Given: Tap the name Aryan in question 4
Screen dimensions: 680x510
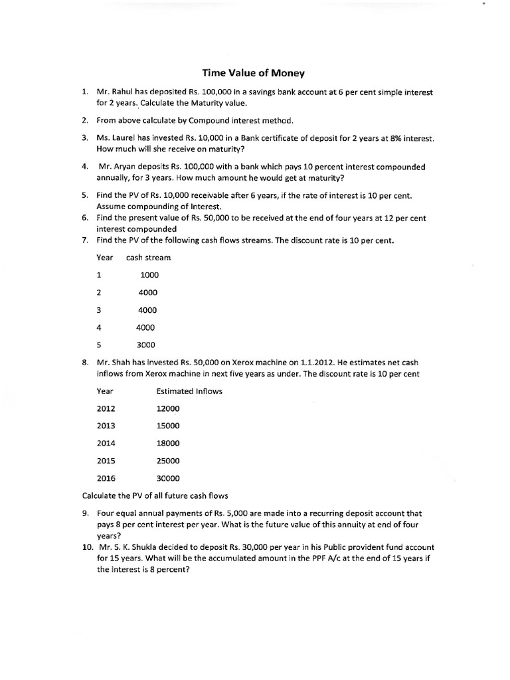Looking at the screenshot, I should coord(126,167).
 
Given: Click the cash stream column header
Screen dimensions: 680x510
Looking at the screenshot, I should coord(148,257).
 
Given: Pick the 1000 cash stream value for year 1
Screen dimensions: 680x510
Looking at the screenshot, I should coord(149,275).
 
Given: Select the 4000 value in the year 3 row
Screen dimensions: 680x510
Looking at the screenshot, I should coord(147,310).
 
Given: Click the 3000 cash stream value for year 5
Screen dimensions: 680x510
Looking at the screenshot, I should coord(145,345).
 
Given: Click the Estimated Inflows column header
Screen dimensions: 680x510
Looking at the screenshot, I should coord(189,391).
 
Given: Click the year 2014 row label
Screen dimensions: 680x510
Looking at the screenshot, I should coord(106,443).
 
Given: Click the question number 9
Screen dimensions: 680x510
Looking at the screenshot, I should coord(86,513).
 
